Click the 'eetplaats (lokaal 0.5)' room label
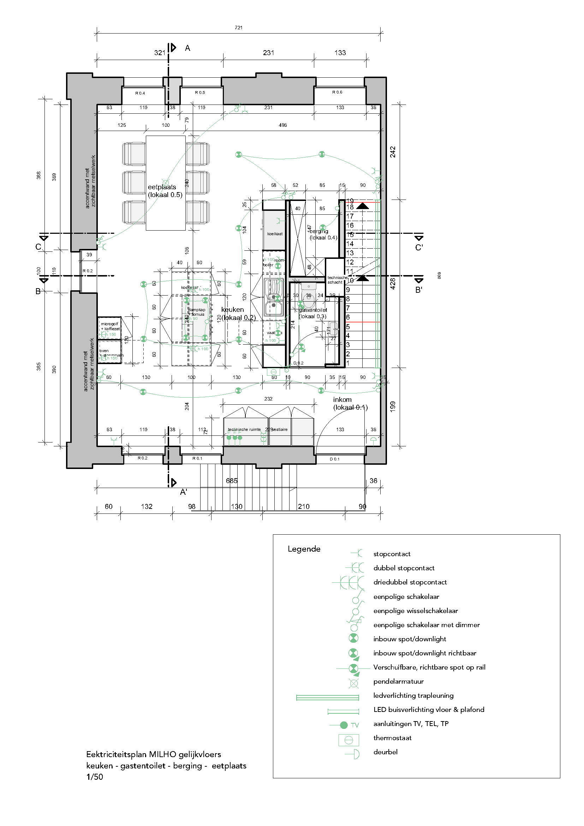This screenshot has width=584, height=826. tap(165, 191)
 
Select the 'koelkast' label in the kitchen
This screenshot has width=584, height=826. tap(275, 234)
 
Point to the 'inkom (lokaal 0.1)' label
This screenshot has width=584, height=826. tap(350, 403)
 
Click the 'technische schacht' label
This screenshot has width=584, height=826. tap(336, 280)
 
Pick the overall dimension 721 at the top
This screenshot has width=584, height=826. tap(238, 28)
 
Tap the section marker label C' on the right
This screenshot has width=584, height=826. tap(419, 248)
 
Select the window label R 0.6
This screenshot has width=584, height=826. tap(337, 92)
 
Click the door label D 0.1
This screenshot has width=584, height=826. tap(334, 459)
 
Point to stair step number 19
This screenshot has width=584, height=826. tap(350, 201)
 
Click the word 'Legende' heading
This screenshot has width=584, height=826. tap(304, 549)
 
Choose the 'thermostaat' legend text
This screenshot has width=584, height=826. tap(392, 738)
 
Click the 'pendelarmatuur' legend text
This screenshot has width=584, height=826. tap(398, 681)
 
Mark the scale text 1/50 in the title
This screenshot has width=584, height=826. tap(95, 777)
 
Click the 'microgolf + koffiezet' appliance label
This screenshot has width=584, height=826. tap(110, 326)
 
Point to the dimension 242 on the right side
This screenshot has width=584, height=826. tap(393, 152)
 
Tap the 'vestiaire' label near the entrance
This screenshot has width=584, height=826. tap(280, 429)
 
